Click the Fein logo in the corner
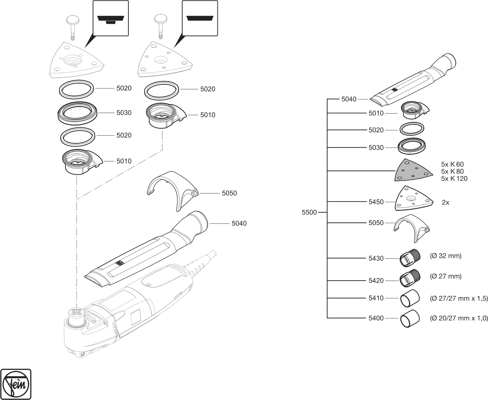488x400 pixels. [16, 384]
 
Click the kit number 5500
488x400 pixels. [309, 213]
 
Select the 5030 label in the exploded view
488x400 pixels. [124, 113]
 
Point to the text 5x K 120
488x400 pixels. [454, 179]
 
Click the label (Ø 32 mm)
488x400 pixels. [446, 256]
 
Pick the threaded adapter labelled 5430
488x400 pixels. [410, 258]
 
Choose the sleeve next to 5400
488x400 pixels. [410, 318]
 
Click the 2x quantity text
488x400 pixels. [445, 203]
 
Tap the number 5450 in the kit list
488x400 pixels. [376, 202]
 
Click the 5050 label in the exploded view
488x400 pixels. [229, 193]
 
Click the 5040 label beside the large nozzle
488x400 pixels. [239, 224]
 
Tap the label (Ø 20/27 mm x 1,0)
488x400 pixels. [459, 318]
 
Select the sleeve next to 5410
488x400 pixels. [410, 298]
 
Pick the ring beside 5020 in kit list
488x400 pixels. [412, 129]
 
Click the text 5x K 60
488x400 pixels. [452, 164]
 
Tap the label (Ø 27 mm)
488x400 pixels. [446, 276]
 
